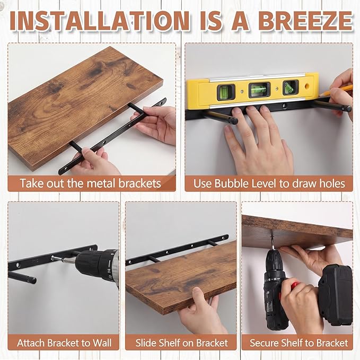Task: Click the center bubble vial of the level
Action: (x=259, y=90)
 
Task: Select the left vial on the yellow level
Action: (x=226, y=92)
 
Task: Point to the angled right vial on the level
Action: (x=291, y=87)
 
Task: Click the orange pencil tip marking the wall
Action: (x=323, y=94)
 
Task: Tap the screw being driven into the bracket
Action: (x=57, y=258)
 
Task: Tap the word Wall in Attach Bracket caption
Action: (x=102, y=343)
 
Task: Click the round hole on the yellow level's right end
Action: (x=307, y=86)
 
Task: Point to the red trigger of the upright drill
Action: (x=294, y=286)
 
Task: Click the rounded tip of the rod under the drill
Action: (x=33, y=280)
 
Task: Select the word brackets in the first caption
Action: (x=139, y=183)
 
